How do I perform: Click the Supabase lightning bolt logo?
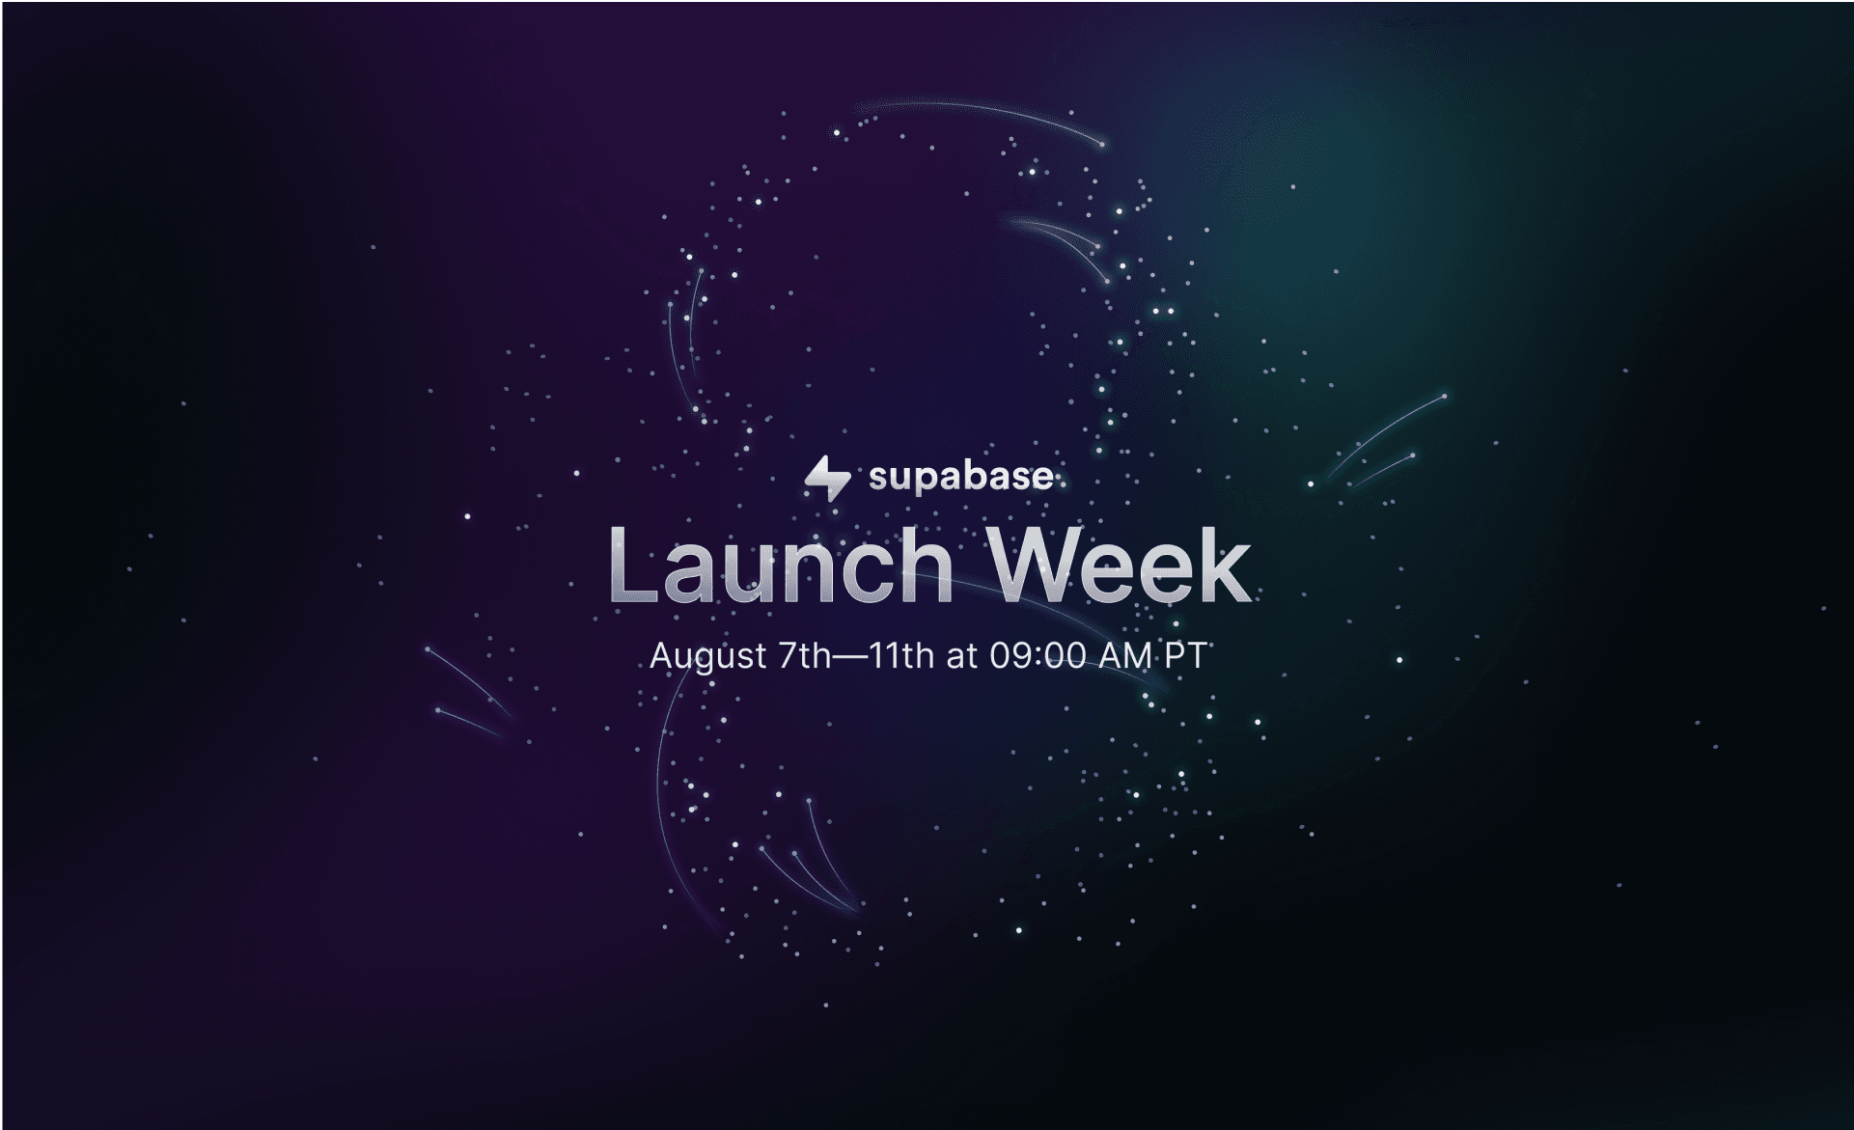(827, 478)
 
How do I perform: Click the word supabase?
(960, 477)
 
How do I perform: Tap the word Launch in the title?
(781, 565)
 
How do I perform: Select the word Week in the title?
(1121, 565)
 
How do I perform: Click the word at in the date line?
(962, 657)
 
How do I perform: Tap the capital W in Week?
(1041, 565)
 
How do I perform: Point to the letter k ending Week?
(1227, 565)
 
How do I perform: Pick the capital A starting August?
(663, 656)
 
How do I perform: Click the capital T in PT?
(1196, 656)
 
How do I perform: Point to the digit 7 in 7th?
(789, 656)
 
